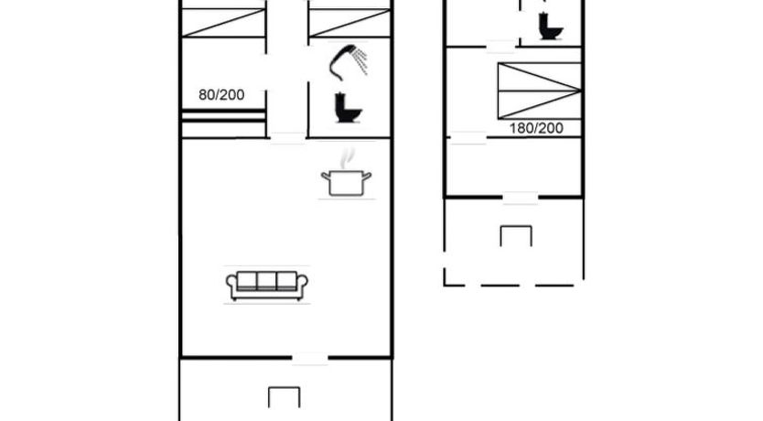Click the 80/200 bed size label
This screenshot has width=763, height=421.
coord(221,94)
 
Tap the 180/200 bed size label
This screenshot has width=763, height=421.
coord(536,128)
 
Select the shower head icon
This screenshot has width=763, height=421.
coord(349,62)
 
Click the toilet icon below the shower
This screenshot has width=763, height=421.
coord(348,108)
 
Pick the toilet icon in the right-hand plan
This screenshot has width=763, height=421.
coord(551,26)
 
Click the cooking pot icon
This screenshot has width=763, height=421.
coord(346,183)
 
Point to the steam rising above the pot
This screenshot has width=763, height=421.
coord(347,158)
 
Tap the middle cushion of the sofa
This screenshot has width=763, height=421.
coord(266,281)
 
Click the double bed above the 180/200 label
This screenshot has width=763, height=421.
coord(539,91)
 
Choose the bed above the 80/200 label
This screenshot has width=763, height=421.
coord(223,22)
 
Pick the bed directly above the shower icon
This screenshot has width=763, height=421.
coord(349,22)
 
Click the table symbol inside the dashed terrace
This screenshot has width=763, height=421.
coord(516,235)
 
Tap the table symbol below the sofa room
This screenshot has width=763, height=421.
coord(285,397)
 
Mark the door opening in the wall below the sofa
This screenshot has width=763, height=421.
coord(310,359)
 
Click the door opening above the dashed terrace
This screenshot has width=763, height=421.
coord(521,198)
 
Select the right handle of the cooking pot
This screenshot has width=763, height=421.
coord(367,176)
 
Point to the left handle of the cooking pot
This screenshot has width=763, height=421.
coord(326,176)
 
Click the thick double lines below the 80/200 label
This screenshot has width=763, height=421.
coord(223,116)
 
